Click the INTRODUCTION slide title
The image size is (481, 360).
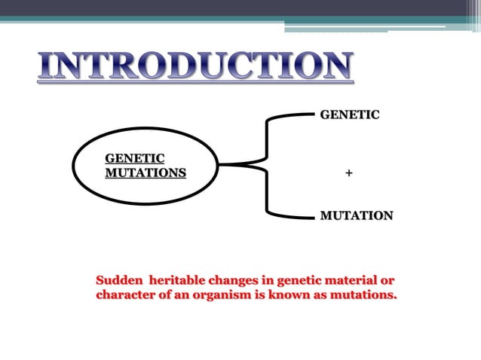(195, 67)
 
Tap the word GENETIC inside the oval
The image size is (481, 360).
(134, 158)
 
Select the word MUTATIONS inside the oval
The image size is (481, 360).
(145, 172)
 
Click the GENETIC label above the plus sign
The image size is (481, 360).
(350, 115)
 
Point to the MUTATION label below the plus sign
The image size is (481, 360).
(356, 216)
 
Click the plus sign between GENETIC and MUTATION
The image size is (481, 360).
(348, 173)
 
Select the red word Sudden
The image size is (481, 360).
(117, 281)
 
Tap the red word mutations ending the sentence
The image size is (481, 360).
(359, 295)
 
